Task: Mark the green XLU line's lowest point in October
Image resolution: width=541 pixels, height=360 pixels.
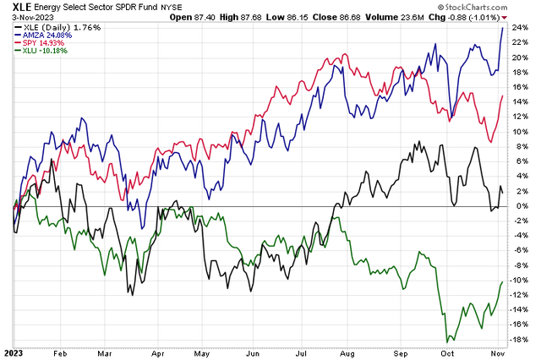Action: tap(446, 341)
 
